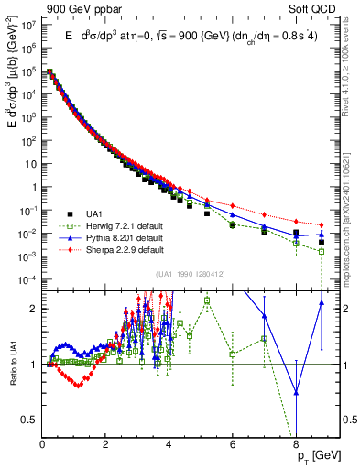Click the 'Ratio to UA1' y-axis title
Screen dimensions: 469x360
[14, 365]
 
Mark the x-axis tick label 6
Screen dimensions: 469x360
[233, 444]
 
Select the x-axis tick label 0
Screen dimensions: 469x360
[43, 444]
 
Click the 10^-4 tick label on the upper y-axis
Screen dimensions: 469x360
[29, 279]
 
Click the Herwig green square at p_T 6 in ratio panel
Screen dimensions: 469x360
[233, 354]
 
